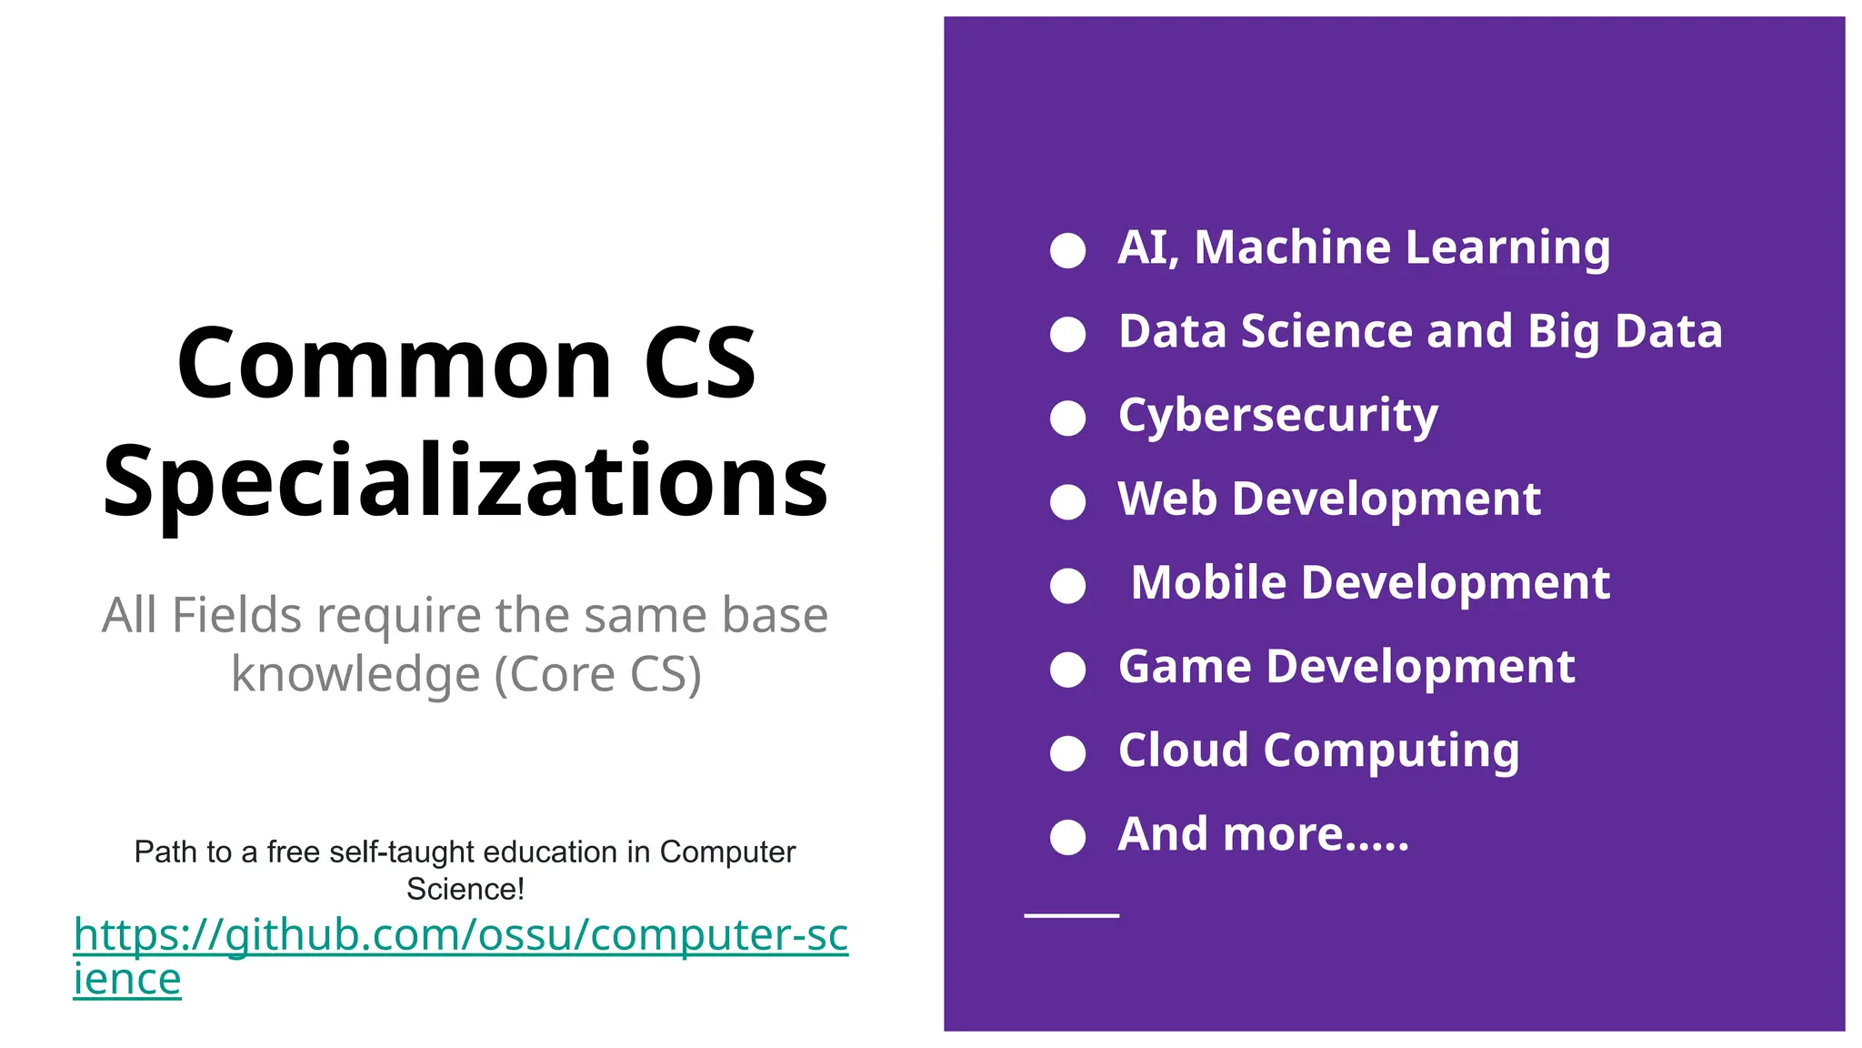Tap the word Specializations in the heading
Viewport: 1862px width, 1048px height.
click(465, 481)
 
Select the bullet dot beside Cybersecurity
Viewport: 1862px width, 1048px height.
click(1067, 418)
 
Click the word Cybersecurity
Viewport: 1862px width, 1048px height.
click(1277, 416)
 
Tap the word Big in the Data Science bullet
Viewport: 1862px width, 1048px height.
click(1564, 332)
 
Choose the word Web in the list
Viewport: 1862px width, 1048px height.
click(1166, 499)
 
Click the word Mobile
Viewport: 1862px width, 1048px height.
click(1208, 583)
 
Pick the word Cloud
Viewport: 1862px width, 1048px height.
click(1183, 751)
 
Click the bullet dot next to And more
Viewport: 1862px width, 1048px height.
click(1067, 837)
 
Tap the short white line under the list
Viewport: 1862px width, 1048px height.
click(1071, 915)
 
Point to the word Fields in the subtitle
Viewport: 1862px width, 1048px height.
click(236, 616)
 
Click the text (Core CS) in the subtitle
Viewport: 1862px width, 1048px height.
click(597, 675)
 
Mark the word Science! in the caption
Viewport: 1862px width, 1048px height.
click(465, 889)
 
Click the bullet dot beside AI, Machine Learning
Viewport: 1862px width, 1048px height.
click(1067, 250)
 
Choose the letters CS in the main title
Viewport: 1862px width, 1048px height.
click(699, 364)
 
